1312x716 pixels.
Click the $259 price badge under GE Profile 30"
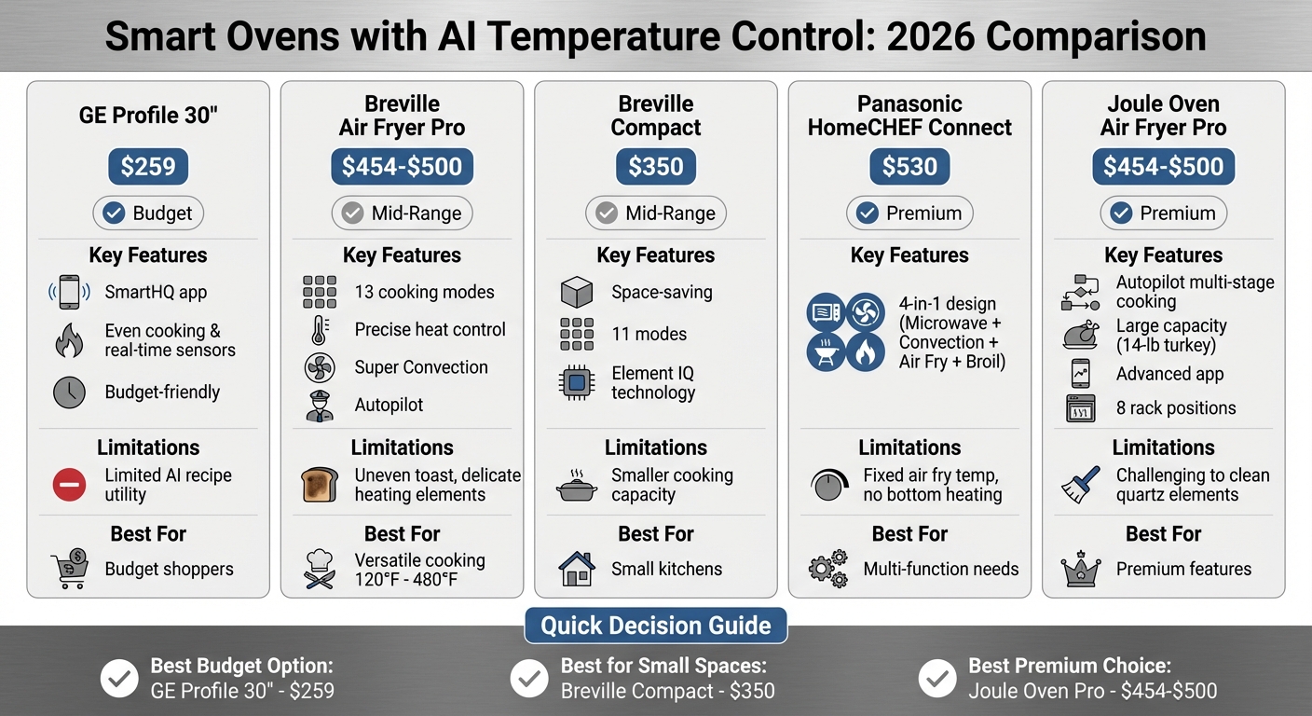coord(148,167)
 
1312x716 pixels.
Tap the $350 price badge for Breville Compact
coord(655,167)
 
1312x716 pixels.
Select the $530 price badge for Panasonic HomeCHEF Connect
coord(909,167)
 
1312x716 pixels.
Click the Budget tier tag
coord(148,213)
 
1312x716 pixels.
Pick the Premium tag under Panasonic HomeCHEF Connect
coord(909,213)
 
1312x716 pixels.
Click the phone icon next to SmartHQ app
coord(69,293)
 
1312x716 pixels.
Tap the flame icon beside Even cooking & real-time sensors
coord(69,341)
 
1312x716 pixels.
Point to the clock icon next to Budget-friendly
coord(69,392)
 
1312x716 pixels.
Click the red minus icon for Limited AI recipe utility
coord(69,485)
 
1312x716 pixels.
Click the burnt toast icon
coord(319,485)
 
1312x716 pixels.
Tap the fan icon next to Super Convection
coord(320,367)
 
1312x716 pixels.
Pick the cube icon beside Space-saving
coord(577,293)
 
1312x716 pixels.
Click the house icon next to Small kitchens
coord(577,569)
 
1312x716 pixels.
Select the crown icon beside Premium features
coord(1081,569)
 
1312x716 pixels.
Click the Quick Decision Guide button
coord(656,626)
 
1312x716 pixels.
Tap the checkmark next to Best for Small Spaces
coord(530,679)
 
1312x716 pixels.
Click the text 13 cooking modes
coord(424,292)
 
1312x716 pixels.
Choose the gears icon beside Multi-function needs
coord(827,569)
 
